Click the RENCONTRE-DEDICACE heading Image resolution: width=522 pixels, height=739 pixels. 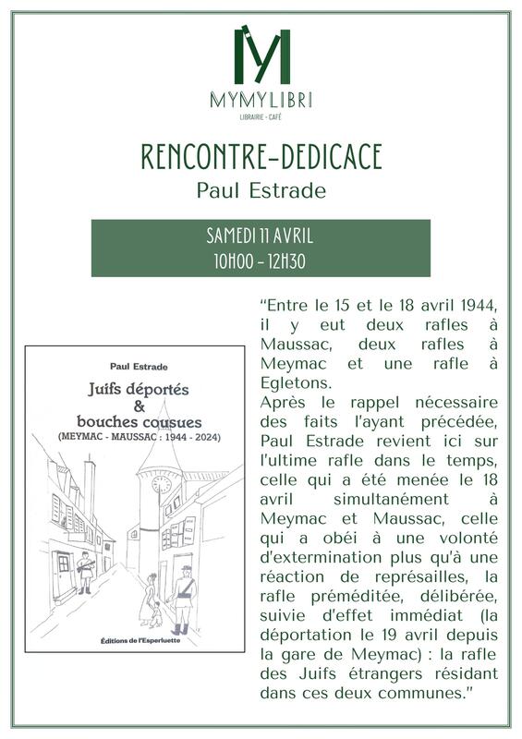coord(261,158)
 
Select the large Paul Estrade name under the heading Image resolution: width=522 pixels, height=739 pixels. coord(261,190)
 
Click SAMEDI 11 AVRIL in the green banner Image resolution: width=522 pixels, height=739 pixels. coord(261,236)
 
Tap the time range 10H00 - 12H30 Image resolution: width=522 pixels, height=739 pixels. coord(261,261)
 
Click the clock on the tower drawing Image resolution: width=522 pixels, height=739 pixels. coord(163,484)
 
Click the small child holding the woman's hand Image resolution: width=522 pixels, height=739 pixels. coord(154,612)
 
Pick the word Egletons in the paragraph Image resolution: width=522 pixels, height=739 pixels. coord(295,382)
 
